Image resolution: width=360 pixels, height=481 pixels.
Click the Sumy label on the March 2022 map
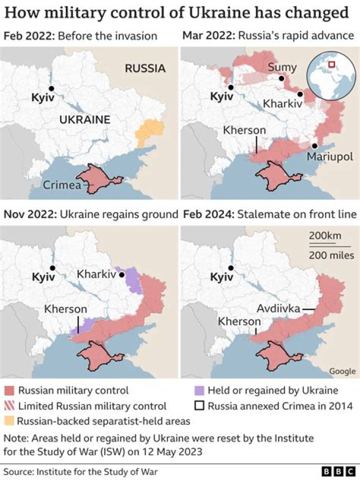click(282, 67)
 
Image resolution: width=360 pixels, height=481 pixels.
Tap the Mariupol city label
click(329, 156)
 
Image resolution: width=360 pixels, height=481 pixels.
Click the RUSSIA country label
click(145, 68)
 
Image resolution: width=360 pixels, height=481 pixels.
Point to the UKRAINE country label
click(84, 119)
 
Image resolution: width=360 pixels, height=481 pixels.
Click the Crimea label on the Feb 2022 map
click(61, 185)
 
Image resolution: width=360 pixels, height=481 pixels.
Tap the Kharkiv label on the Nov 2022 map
click(97, 274)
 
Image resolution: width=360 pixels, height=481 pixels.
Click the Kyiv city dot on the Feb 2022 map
click(51, 88)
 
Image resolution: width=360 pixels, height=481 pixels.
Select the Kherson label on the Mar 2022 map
click(244, 130)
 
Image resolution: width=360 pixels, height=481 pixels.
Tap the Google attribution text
click(342, 371)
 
